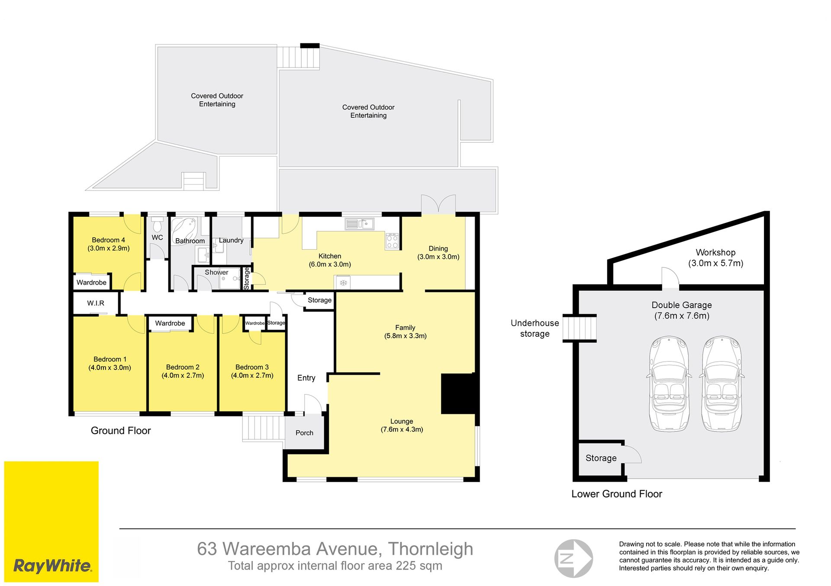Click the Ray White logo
click(52, 521)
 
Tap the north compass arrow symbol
click(573, 558)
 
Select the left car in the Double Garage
click(669, 384)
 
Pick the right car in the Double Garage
click(721, 384)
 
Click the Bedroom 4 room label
click(109, 244)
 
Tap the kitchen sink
click(360, 224)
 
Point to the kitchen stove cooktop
click(392, 241)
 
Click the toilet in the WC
click(158, 224)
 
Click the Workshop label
click(715, 258)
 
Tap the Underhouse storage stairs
click(580, 328)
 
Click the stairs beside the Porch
click(263, 428)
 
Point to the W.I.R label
click(96, 303)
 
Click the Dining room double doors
click(438, 204)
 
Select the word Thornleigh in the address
click(430, 549)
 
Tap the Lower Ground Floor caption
click(617, 494)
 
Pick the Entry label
click(306, 378)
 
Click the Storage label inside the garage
click(601, 458)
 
